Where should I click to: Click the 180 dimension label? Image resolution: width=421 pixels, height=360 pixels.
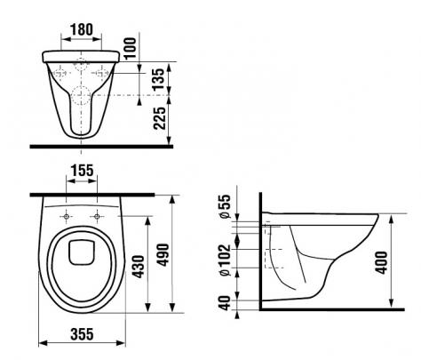pos(82,29)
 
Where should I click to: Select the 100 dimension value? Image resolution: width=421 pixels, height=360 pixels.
pos(131,48)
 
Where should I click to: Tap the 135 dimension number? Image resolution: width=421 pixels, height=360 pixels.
pos(158,79)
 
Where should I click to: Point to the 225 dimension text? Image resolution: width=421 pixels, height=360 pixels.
pos(159,118)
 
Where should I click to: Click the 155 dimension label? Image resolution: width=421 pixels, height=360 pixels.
pos(82,171)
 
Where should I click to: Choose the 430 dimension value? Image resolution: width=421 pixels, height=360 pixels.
pos(139,267)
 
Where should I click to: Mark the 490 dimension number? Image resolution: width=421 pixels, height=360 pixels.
pos(163,255)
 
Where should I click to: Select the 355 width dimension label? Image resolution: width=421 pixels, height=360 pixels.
pos(82,334)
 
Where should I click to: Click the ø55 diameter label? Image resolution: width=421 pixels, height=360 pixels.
pos(225,206)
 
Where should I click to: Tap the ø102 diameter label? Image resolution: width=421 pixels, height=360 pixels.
pos(225,260)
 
